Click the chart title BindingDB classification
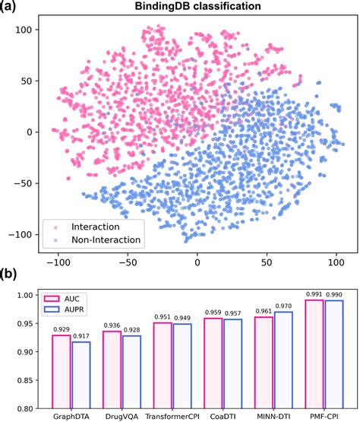198,7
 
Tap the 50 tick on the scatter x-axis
267,261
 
